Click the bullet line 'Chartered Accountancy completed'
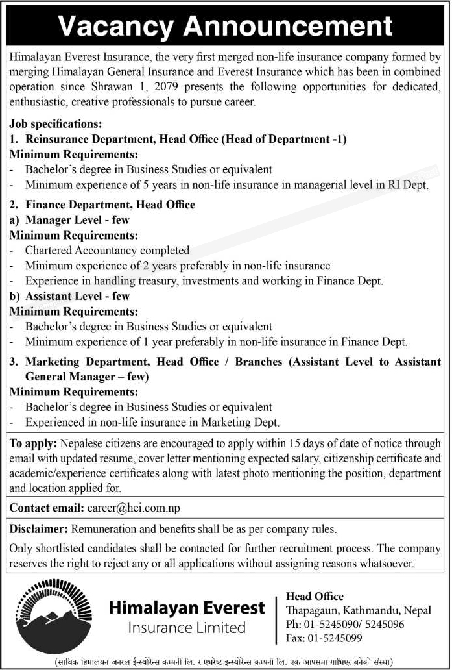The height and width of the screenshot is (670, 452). (x=107, y=250)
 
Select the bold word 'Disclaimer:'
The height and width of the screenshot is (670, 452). (x=39, y=530)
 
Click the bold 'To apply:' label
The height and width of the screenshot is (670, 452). (x=33, y=443)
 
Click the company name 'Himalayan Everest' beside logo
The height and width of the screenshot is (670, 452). (x=187, y=608)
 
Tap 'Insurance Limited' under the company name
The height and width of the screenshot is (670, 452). (x=187, y=628)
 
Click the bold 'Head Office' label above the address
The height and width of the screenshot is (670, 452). (x=315, y=596)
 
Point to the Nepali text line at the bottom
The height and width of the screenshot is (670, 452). (x=226, y=661)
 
